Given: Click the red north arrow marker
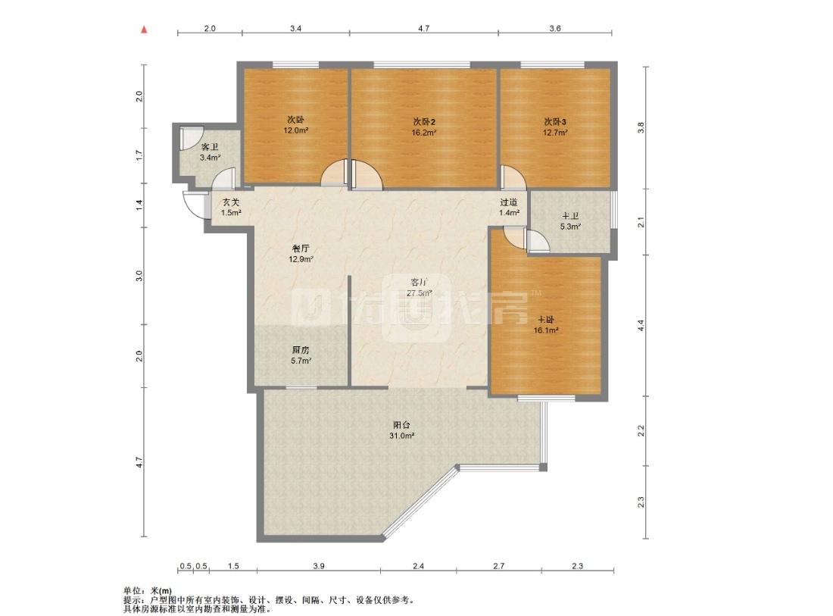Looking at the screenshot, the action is [143, 30].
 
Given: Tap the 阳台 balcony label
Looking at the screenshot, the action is [401, 425].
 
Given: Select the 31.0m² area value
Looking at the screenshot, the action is [401, 436].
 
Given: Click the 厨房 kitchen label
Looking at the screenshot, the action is [300, 350].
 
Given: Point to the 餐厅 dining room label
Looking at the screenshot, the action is [301, 249].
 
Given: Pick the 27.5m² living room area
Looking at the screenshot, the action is [420, 293].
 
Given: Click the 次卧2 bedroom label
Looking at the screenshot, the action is [425, 122].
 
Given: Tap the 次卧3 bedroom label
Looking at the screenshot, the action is [554, 122].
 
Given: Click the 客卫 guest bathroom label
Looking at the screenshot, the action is [210, 147].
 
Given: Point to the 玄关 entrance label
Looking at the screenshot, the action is [231, 202].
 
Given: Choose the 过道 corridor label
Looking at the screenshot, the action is [508, 202].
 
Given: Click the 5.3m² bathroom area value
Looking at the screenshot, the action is [570, 227].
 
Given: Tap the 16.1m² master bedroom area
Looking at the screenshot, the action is [546, 330].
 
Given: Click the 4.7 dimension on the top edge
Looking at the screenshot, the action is [423, 28].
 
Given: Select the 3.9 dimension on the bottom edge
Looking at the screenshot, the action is [318, 566].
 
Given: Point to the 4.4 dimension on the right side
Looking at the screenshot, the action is [641, 326].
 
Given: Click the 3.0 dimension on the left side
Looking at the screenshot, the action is [139, 276].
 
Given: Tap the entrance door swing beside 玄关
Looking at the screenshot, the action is [194, 205].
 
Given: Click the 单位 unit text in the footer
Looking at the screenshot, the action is [131, 590].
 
